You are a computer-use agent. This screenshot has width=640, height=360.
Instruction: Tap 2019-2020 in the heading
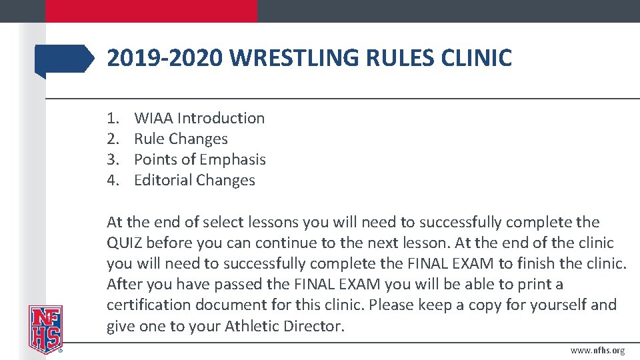click(x=165, y=59)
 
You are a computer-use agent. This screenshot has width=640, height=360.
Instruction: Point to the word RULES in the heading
click(x=401, y=59)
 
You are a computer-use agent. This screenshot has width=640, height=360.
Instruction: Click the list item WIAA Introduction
click(x=199, y=118)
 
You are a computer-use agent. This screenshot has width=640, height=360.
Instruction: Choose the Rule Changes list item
click(x=181, y=139)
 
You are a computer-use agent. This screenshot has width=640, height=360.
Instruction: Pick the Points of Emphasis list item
click(x=199, y=159)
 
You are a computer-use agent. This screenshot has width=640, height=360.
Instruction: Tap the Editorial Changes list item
click(x=194, y=180)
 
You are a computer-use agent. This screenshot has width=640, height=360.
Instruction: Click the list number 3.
click(x=112, y=159)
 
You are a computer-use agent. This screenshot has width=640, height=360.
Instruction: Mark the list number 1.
click(x=112, y=118)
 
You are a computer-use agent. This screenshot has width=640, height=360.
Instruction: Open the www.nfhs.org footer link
click(x=598, y=351)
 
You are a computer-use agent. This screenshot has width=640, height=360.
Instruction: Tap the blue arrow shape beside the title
click(x=65, y=59)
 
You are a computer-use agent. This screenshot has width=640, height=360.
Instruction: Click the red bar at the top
click(x=151, y=11)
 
